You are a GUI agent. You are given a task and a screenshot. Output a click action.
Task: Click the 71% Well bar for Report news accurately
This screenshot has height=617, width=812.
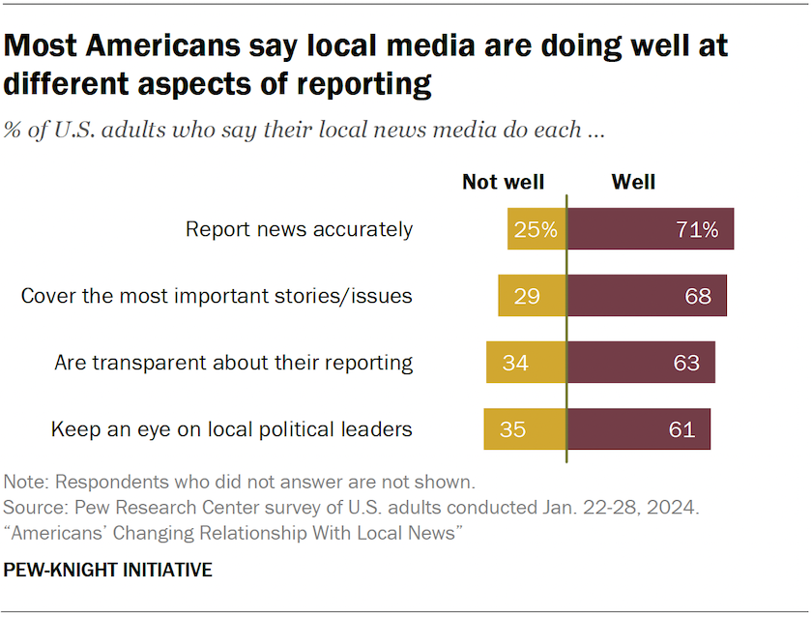[650, 229]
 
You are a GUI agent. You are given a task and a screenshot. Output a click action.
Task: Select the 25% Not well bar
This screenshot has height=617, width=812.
[536, 229]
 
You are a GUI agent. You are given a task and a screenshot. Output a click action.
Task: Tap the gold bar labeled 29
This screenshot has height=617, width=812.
[532, 296]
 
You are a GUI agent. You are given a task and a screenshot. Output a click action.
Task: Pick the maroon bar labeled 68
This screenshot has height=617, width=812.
[647, 296]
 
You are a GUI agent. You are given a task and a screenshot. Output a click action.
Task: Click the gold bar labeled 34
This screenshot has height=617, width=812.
[526, 363]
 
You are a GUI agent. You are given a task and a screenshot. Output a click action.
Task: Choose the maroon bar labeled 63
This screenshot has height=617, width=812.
[641, 363]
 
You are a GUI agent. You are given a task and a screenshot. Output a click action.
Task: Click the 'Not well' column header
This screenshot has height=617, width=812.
[503, 182]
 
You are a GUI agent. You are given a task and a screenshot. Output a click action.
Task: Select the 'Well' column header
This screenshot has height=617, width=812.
[633, 182]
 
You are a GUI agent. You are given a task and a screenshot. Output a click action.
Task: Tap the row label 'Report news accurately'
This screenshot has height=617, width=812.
[299, 229]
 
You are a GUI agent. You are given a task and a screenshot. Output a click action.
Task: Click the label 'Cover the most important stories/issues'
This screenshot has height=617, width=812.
[217, 296]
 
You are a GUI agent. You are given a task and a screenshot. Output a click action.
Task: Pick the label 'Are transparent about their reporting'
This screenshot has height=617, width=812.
[233, 363]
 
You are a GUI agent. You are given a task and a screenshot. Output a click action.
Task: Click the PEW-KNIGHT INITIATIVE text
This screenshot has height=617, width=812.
[107, 570]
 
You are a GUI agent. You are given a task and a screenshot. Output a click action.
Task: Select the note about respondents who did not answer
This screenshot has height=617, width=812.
[239, 481]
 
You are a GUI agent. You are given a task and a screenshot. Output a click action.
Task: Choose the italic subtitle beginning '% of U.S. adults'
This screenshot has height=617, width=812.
[304, 131]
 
